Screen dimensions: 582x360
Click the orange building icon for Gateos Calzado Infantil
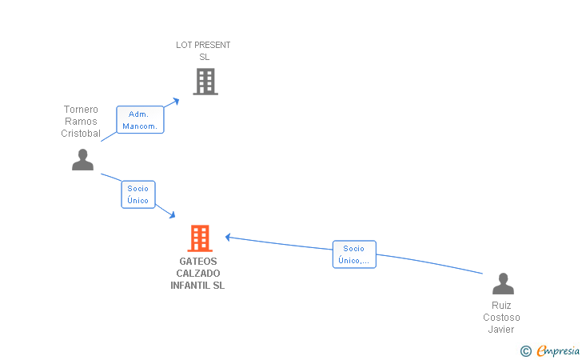click(x=200, y=238)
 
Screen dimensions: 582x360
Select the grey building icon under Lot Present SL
click(x=205, y=82)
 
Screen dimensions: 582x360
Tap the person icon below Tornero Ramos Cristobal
click(x=83, y=160)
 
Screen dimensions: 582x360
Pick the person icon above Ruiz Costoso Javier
click(x=504, y=283)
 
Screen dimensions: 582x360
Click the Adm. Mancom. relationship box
click(x=140, y=120)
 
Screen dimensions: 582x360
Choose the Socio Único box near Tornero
click(x=138, y=194)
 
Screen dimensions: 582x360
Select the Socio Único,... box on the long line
click(x=354, y=254)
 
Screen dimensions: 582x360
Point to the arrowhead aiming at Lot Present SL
click(x=176, y=101)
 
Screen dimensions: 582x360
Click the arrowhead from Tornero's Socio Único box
click(x=172, y=214)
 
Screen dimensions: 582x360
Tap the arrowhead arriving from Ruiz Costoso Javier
click(x=228, y=237)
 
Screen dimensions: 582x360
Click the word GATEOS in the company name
click(x=198, y=261)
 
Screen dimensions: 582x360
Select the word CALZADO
click(x=198, y=274)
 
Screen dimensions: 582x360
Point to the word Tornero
click(x=81, y=110)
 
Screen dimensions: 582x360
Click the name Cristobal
click(x=81, y=134)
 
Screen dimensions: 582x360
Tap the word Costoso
click(x=501, y=318)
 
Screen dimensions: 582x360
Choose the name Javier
click(x=501, y=329)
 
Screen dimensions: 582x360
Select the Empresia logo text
click(x=558, y=350)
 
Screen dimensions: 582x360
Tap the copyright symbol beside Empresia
click(x=526, y=351)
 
